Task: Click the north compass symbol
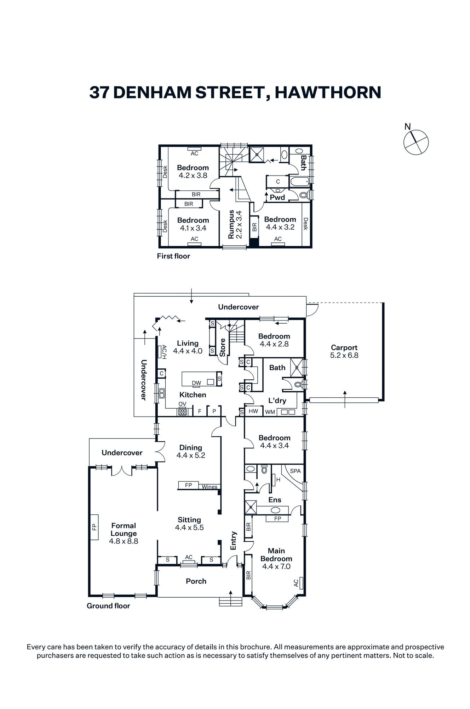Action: [x=416, y=141]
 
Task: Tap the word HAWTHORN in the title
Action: [x=328, y=92]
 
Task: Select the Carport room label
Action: [x=344, y=348]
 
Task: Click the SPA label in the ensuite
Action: [x=295, y=471]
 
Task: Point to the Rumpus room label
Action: [x=231, y=224]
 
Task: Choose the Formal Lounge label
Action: [x=124, y=530]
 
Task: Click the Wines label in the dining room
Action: [x=210, y=487]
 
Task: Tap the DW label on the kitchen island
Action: [x=196, y=383]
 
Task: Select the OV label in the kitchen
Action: [x=182, y=404]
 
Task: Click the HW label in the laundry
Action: [x=253, y=411]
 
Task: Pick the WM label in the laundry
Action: [x=270, y=412]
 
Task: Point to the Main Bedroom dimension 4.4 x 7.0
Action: [x=276, y=566]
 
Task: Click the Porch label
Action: [x=196, y=581]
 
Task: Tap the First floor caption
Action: [x=173, y=256]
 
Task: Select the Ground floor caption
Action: [x=108, y=606]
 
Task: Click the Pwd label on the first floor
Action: [x=277, y=197]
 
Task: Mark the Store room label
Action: [x=223, y=347]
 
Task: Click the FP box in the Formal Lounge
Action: [x=94, y=527]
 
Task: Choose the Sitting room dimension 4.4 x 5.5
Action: [x=189, y=527]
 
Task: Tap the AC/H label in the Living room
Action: [x=164, y=352]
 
